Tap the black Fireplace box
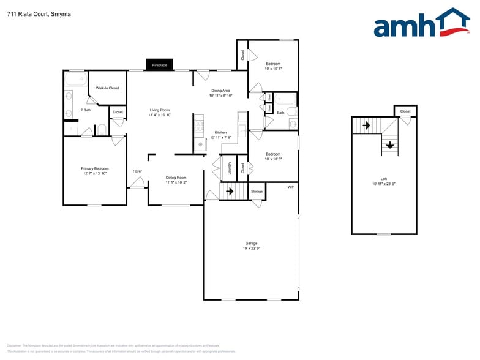[159, 64]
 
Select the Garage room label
[251, 243]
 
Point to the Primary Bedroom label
[95, 168]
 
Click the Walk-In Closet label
[107, 88]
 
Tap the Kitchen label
[220, 132]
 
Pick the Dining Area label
[220, 91]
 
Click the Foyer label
[137, 171]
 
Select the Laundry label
[230, 168]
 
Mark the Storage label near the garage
[257, 192]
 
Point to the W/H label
[291, 187]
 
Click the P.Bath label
[86, 110]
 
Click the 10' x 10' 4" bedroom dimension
[273, 69]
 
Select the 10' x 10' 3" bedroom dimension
[273, 159]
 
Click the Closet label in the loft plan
[405, 111]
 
